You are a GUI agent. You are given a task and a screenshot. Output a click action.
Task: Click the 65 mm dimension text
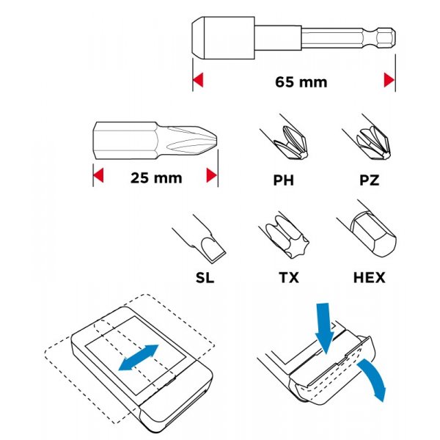tap(301, 82)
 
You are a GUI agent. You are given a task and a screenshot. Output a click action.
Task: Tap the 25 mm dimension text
tap(156, 178)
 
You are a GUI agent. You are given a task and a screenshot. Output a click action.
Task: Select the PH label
tap(284, 180)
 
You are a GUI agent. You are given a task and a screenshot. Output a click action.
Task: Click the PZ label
tap(370, 180)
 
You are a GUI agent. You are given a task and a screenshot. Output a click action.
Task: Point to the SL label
tap(205, 277)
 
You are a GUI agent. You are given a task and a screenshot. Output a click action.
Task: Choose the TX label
tap(289, 277)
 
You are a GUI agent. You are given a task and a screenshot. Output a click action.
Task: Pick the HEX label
tap(370, 277)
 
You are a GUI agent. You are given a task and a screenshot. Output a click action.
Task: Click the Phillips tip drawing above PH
tap(285, 138)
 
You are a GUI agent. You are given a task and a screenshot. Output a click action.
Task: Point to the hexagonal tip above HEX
tap(367, 228)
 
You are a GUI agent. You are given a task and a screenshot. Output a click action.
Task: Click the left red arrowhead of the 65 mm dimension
tap(197, 80)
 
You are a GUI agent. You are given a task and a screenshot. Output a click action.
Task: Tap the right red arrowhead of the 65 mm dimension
tap(389, 80)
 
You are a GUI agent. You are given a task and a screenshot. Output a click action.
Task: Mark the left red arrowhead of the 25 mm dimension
tap(98, 175)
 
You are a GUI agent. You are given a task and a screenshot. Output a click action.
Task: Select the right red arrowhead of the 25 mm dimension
tap(212, 175)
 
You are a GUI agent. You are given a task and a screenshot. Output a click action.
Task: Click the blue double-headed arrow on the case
tap(139, 358)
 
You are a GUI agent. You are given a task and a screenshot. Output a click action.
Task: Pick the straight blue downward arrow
tap(324, 329)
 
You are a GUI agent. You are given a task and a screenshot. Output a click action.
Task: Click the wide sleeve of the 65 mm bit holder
tap(224, 38)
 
